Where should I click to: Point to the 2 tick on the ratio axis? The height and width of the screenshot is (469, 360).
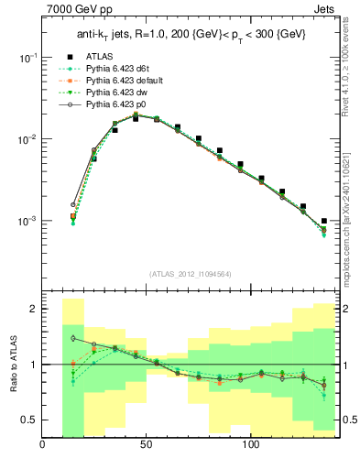32,310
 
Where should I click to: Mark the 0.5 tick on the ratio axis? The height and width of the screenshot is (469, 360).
28,420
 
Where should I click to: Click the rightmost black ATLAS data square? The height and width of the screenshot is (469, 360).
324,221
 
